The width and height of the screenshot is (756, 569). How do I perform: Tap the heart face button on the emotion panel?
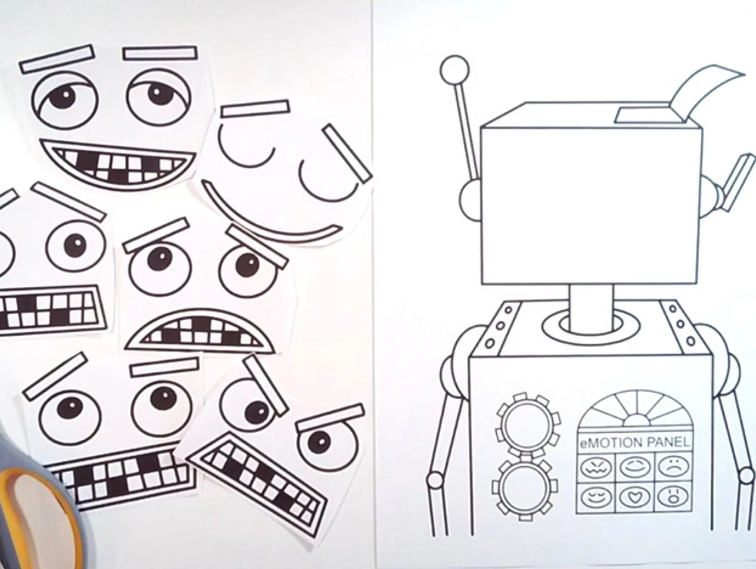[632, 497]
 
